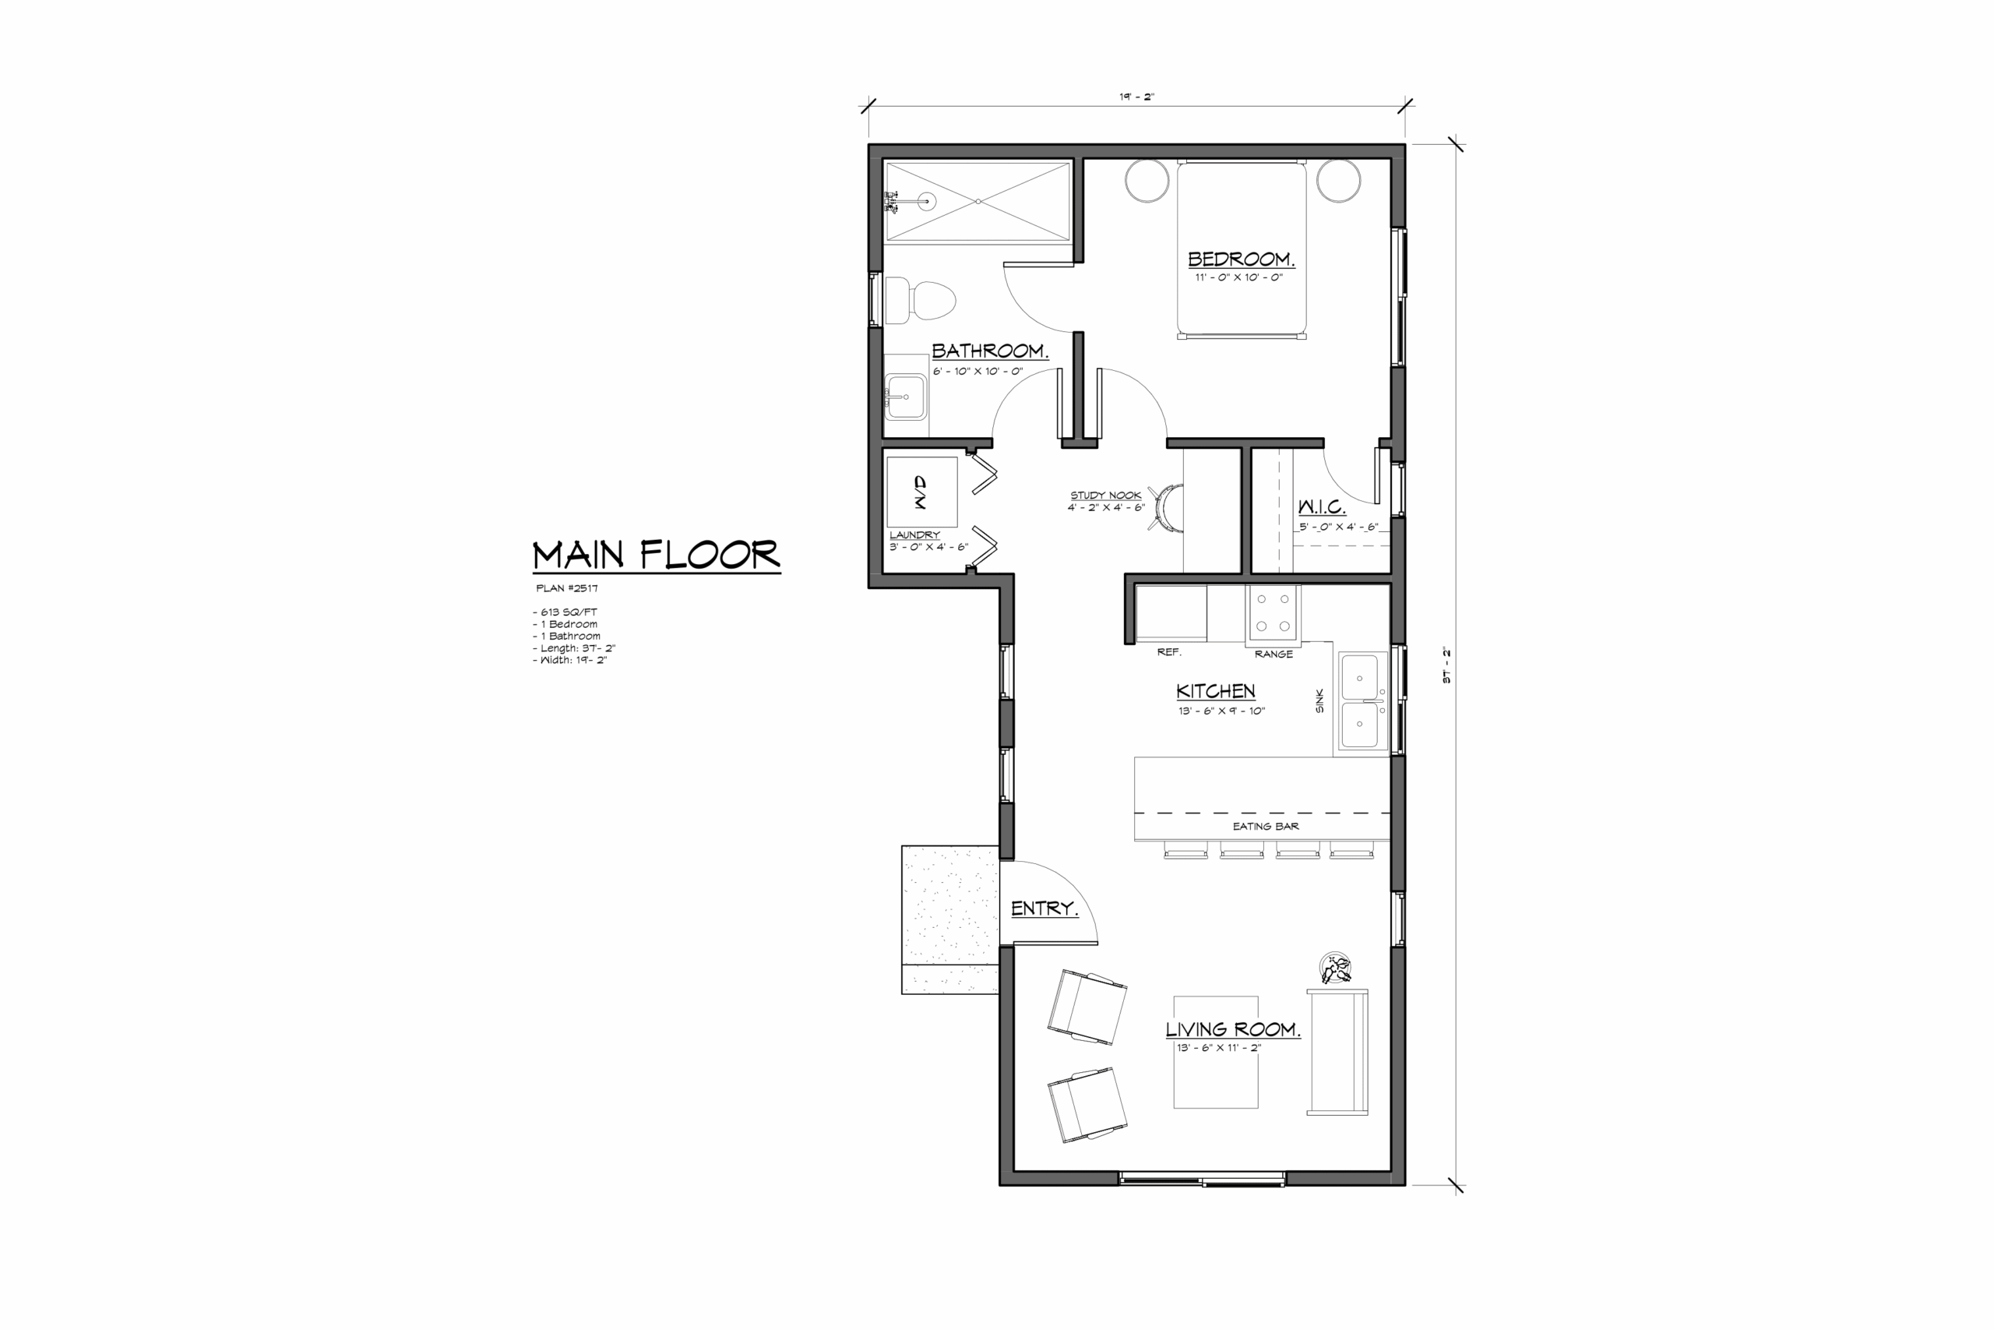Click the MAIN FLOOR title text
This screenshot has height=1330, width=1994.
click(x=656, y=555)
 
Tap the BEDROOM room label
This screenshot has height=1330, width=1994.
click(x=1240, y=259)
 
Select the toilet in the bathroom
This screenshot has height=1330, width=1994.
click(x=920, y=300)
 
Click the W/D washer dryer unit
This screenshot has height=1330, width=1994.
click(x=921, y=492)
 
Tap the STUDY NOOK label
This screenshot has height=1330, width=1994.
click(x=1105, y=496)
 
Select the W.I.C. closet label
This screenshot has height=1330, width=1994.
click(x=1322, y=507)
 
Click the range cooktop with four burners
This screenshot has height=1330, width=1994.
click(x=1273, y=612)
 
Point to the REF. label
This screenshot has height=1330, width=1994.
click(x=1169, y=652)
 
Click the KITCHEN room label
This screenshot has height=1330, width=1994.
click(x=1216, y=691)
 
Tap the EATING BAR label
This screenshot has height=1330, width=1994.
click(x=1266, y=826)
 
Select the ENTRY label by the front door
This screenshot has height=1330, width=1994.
click(x=1045, y=908)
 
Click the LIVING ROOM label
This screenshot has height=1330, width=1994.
click(x=1233, y=1030)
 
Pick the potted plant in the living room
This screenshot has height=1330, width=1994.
click(x=1335, y=968)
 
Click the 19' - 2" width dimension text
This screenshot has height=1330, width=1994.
click(x=1137, y=97)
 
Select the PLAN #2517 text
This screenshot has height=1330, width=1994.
click(x=567, y=587)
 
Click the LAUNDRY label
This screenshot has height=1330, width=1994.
click(x=914, y=535)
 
